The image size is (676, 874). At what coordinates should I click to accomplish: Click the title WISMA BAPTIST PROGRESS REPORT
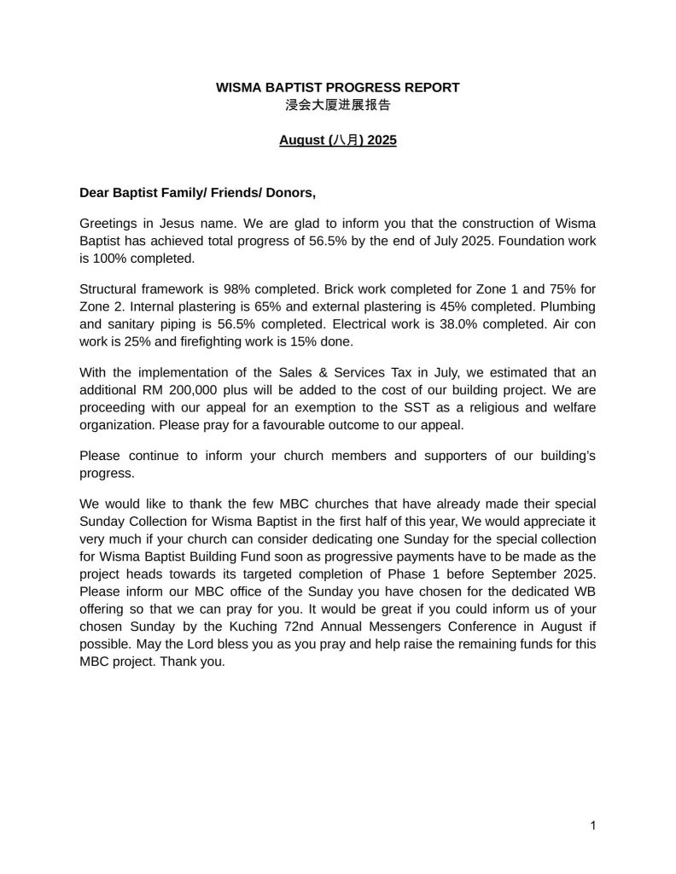click(338, 87)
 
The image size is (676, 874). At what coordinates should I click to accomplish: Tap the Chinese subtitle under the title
click(338, 106)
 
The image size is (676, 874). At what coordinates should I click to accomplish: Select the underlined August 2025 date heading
click(338, 140)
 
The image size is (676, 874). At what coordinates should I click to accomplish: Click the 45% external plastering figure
click(448, 306)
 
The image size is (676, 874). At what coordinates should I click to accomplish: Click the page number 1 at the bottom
click(592, 824)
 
